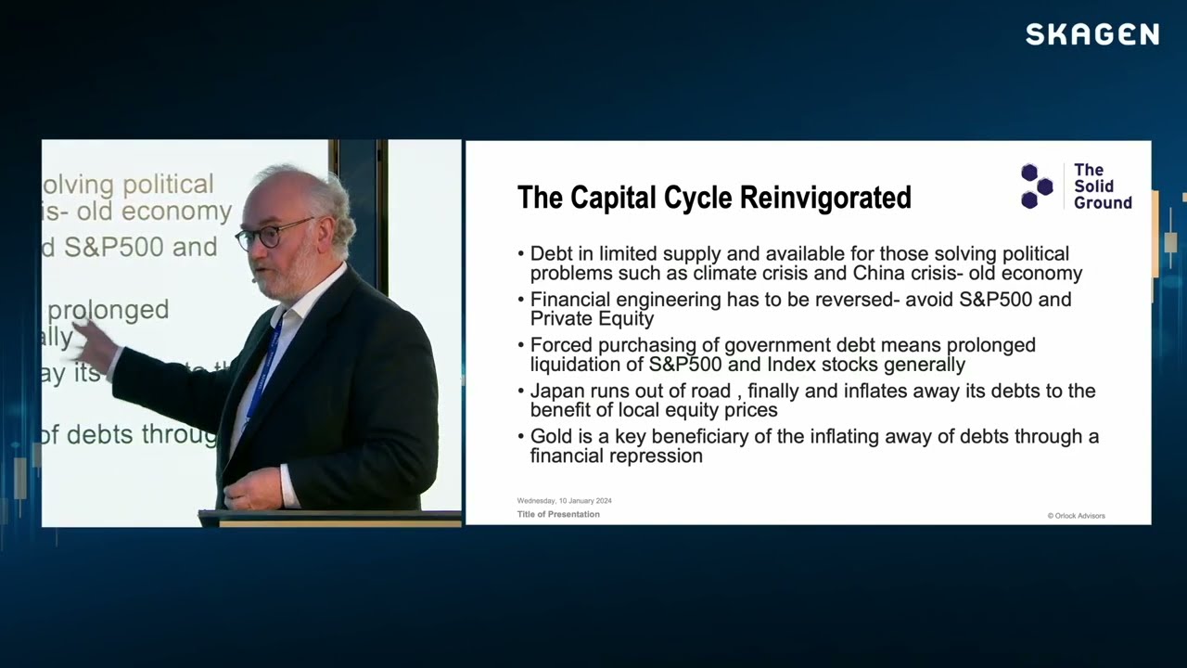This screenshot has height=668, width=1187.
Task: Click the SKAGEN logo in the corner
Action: point(1091,35)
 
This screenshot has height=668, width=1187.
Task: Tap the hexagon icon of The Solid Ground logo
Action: point(1037,186)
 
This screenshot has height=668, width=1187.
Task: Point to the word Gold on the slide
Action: point(550,436)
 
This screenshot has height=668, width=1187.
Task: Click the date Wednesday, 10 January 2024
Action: point(564,501)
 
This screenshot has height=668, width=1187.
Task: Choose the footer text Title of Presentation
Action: point(558,514)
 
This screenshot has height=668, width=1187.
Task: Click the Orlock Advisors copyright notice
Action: point(1076,516)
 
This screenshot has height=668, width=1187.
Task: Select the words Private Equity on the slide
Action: point(592,319)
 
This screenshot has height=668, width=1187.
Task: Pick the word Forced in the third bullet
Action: point(559,345)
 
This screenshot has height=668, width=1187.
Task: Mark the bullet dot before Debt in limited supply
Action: point(521,254)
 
